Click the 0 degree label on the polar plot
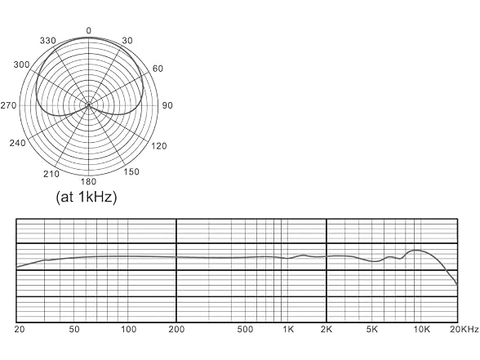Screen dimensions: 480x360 click(x=88, y=31)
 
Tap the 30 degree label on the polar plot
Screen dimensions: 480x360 click(x=127, y=41)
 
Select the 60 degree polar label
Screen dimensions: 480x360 click(x=158, y=69)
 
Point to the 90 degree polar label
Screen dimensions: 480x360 click(x=167, y=105)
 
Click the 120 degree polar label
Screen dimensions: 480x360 click(x=159, y=146)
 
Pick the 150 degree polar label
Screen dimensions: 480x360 click(x=131, y=171)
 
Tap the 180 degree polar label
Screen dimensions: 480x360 click(x=88, y=182)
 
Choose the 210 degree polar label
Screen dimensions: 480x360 click(x=51, y=174)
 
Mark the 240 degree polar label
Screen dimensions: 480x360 click(x=17, y=143)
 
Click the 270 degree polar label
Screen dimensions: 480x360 click(x=8, y=105)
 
